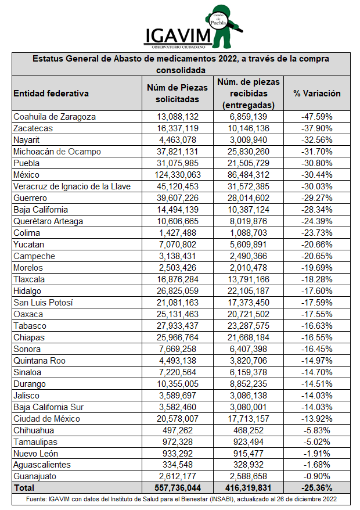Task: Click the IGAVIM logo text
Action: pyautogui.click(x=179, y=35)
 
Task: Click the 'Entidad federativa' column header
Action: pyautogui.click(x=51, y=93)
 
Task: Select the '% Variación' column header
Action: pyautogui.click(x=316, y=93)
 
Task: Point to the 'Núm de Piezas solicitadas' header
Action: pyautogui.click(x=178, y=93)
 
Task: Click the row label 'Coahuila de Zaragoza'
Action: pyautogui.click(x=55, y=117)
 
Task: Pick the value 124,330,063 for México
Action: pyautogui.click(x=178, y=175)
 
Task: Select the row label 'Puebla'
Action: pyautogui.click(x=27, y=163)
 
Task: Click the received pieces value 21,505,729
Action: pyautogui.click(x=249, y=163)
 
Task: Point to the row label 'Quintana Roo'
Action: pyautogui.click(x=39, y=361)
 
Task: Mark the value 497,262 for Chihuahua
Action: pyautogui.click(x=178, y=430)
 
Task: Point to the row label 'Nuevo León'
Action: pyautogui.click(x=36, y=454)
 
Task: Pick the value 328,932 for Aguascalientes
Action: pyautogui.click(x=249, y=465)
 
